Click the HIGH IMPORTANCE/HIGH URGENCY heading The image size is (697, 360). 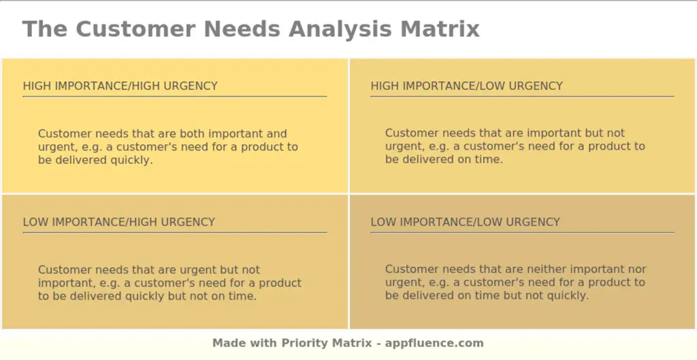120,86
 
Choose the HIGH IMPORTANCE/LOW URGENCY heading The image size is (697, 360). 467,86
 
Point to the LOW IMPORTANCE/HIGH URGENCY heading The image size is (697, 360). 119,223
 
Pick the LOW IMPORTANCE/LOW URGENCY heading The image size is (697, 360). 466,223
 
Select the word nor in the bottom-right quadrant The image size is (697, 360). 638,269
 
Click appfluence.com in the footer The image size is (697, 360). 435,343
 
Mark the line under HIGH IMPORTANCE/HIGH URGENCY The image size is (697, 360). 175,97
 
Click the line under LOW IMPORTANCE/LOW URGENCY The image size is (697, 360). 522,233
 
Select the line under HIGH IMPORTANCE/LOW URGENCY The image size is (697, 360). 522,97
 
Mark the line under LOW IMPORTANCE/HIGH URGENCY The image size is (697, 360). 175,233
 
